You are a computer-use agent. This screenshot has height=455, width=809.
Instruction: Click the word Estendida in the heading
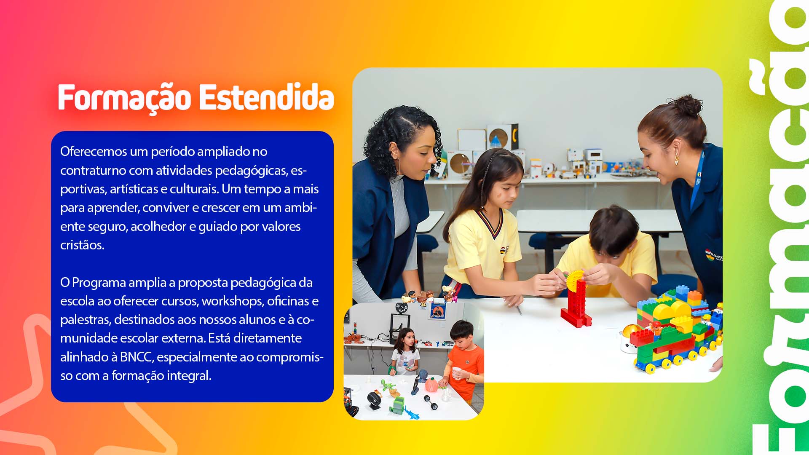(x=266, y=97)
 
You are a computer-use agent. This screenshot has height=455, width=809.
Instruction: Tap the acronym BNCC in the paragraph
(x=136, y=357)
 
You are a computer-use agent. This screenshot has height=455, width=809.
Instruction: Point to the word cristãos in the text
(x=82, y=245)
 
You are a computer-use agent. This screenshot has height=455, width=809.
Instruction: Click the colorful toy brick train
(x=674, y=333)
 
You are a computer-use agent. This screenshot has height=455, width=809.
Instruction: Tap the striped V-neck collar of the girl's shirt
(x=491, y=223)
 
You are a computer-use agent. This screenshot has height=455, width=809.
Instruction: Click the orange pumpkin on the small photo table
(x=431, y=385)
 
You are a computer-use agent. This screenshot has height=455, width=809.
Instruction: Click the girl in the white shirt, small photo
(x=405, y=352)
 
